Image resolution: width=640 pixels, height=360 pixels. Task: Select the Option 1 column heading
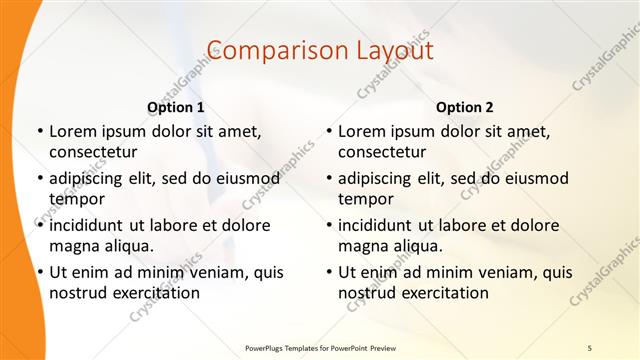(176, 107)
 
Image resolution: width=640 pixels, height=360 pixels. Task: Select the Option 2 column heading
(465, 107)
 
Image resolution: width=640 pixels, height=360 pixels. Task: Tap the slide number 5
(589, 347)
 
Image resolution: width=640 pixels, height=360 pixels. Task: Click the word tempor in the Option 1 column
(76, 199)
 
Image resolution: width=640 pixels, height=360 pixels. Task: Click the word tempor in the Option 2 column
(365, 199)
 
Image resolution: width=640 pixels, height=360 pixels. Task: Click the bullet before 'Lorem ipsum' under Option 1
(39, 131)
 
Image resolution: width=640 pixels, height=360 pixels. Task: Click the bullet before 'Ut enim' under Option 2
(328, 272)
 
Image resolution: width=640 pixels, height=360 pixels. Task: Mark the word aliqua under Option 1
(128, 246)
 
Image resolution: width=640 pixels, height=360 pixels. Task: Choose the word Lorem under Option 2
(362, 131)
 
